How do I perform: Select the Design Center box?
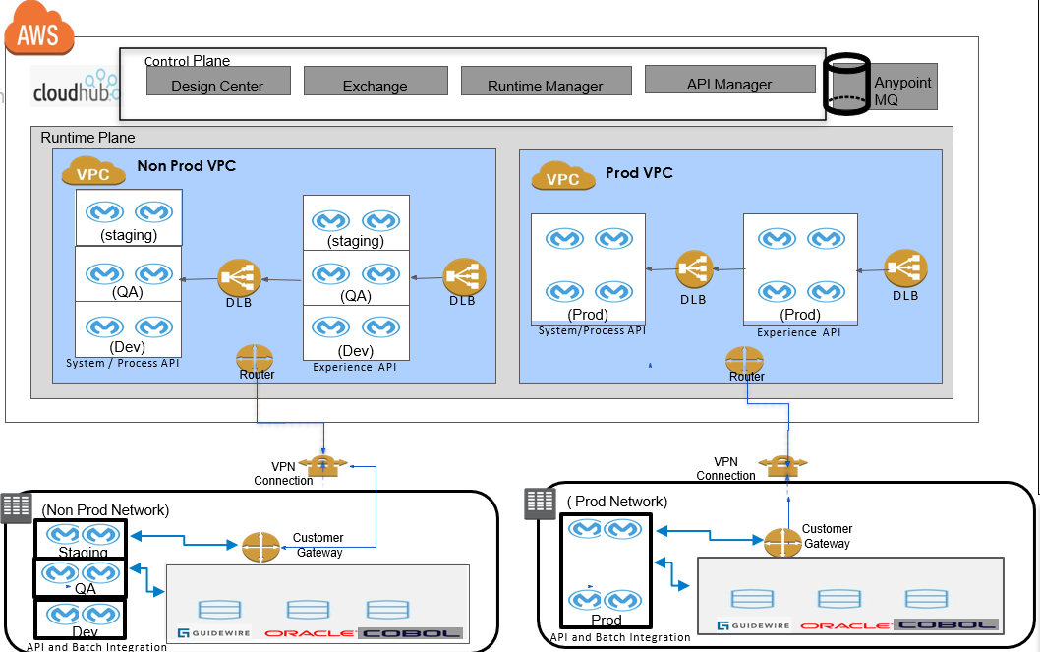(217, 82)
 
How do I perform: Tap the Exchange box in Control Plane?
(375, 82)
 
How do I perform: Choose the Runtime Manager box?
(545, 82)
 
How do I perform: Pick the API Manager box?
(729, 81)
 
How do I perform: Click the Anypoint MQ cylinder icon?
(846, 86)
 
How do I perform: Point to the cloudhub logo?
(75, 89)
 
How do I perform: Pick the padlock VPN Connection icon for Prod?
(786, 461)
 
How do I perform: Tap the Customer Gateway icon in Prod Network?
(782, 540)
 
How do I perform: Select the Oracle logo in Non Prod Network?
(310, 632)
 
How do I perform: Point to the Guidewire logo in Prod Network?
(754, 624)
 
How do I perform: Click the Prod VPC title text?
(639, 173)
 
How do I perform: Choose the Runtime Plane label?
(87, 138)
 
